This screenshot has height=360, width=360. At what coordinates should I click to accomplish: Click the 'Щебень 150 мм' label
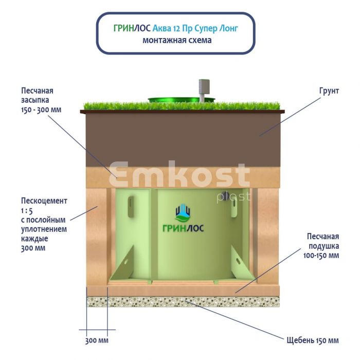pyautogui.click(x=312, y=340)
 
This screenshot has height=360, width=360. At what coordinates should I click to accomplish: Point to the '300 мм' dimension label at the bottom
pyautogui.click(x=97, y=341)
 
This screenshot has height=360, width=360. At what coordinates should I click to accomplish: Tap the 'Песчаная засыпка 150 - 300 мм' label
pyautogui.click(x=38, y=100)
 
